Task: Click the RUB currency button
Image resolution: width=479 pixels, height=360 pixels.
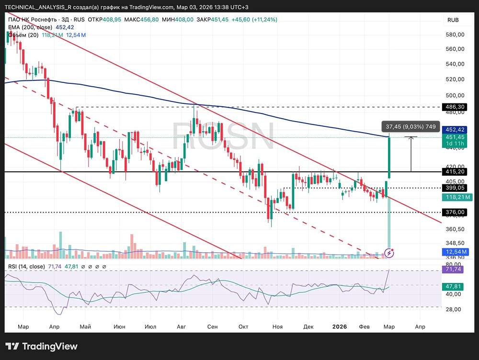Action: point(453,20)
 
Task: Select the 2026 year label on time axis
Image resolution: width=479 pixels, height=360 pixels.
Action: point(340,327)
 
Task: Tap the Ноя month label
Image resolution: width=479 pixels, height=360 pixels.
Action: point(277,327)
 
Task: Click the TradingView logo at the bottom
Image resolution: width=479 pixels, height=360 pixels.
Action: point(41,347)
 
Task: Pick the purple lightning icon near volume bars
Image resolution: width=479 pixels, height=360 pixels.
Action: point(390,252)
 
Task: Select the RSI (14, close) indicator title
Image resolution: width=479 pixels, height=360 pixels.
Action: point(27,267)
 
